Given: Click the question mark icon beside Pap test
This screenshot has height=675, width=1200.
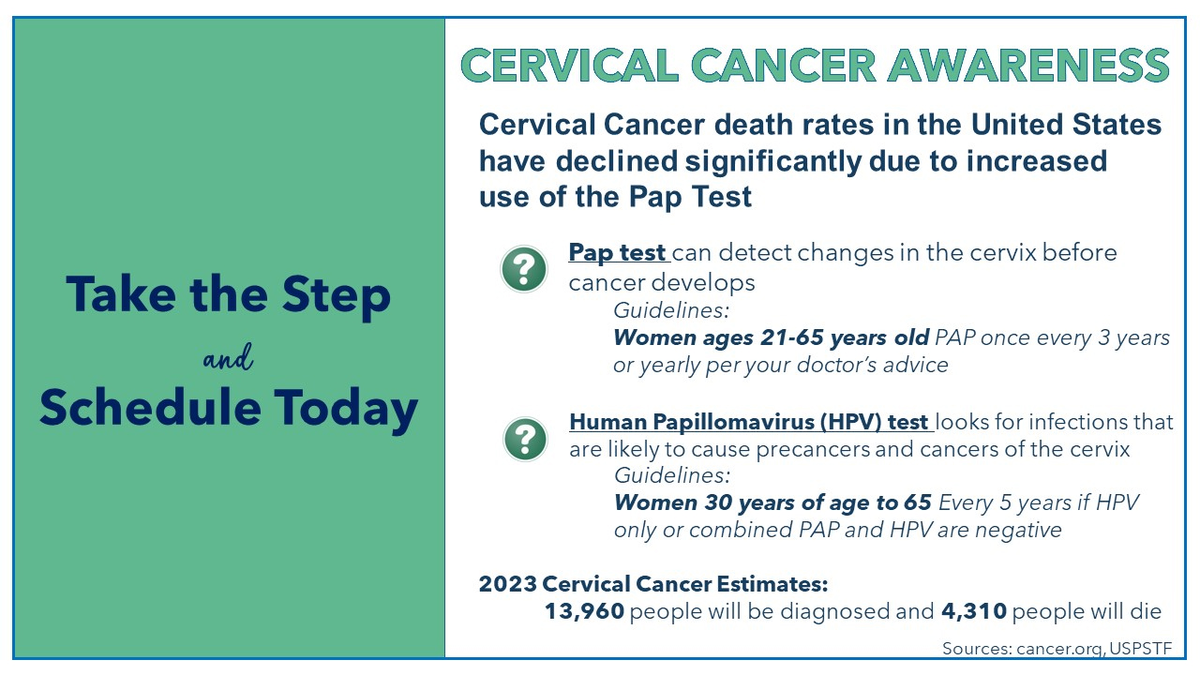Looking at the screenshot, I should coord(524,269).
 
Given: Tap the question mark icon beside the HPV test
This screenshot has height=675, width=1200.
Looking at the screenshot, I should coord(525,438).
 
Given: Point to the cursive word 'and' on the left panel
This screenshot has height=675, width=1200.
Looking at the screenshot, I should coord(228,358).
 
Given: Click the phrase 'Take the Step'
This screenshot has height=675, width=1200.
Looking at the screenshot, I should coord(228,295).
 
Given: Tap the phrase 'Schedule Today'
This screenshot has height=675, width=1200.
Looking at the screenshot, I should coord(228,409).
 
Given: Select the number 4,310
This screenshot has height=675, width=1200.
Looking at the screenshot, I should coord(974,612).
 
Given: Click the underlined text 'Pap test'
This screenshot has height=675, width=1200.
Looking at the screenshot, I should coord(617,253).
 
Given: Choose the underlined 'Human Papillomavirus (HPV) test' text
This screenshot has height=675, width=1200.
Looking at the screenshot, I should coord(749,422).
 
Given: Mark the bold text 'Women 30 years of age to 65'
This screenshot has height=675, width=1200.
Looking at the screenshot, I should coord(772,502).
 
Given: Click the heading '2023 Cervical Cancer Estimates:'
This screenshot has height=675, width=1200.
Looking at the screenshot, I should coord(653,584).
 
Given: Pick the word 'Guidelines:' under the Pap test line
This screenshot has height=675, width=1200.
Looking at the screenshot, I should coord(670,309).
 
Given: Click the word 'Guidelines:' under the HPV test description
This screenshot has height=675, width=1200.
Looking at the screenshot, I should coord(671,474).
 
